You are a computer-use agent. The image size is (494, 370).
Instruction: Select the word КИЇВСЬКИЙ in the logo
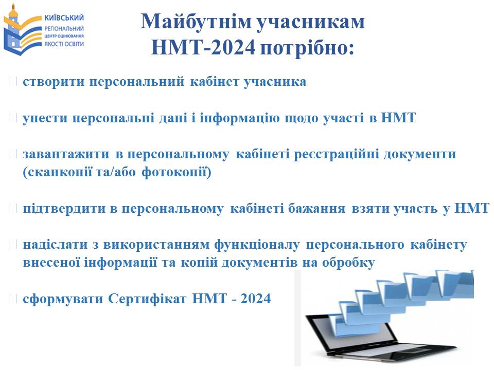(x=64, y=17)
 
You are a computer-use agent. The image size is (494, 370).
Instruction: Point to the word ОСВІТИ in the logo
(x=73, y=44)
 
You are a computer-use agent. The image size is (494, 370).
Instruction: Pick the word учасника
(x=275, y=82)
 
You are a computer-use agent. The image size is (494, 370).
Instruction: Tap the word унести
(x=45, y=118)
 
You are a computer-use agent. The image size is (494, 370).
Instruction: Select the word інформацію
(x=239, y=118)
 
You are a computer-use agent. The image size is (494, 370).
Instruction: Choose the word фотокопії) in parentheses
(x=177, y=172)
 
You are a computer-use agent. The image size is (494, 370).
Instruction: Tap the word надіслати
(x=55, y=245)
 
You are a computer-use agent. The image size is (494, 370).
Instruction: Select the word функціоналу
(x=257, y=245)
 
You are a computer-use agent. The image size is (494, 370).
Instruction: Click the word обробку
(x=348, y=263)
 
